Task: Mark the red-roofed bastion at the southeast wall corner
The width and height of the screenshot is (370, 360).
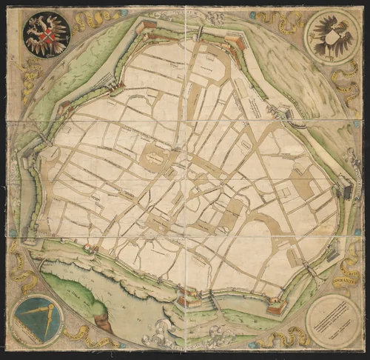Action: click(x=276, y=305)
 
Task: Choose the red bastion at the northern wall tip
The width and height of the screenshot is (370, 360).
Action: click(x=146, y=24)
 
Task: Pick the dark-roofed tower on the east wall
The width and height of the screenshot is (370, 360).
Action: click(x=346, y=191)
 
